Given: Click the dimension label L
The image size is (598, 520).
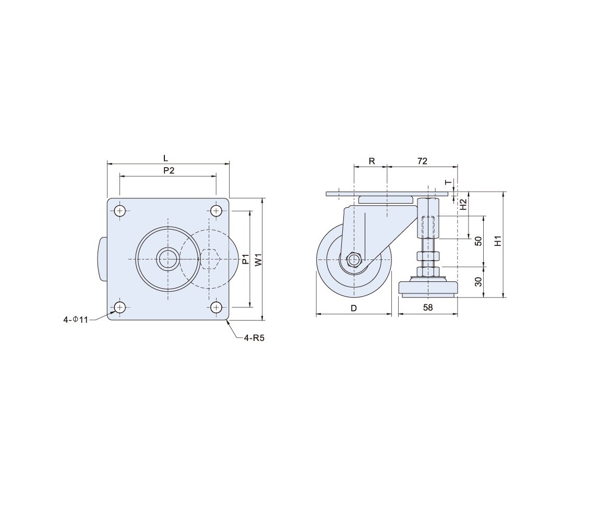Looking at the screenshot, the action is (165, 158).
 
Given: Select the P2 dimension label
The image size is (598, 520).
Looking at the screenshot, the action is (169, 171).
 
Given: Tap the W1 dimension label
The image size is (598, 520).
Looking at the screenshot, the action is (259, 259).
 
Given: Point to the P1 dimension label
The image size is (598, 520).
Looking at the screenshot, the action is (245, 259).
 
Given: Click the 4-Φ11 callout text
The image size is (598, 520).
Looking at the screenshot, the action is (76, 320).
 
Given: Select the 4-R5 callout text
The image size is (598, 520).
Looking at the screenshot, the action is (254, 338).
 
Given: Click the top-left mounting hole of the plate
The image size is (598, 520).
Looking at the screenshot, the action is (120, 210).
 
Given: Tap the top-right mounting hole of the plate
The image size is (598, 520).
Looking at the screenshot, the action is (216, 210).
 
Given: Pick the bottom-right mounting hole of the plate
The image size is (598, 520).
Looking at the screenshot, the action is (216, 307).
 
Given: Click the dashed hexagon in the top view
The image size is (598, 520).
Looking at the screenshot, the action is (209, 259).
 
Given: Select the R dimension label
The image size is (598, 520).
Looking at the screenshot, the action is (372, 161).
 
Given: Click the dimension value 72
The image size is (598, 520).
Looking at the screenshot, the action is (422, 161).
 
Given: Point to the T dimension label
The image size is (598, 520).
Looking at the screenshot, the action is (449, 182).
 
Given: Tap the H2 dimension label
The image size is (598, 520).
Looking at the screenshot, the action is (463, 205).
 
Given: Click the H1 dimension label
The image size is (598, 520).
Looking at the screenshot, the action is (498, 241).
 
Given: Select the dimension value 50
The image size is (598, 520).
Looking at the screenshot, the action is (479, 241).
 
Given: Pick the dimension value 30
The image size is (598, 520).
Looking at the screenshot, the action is (479, 281).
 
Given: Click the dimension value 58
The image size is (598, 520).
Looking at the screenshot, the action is (428, 307).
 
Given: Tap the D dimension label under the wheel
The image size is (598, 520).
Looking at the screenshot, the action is (354, 308).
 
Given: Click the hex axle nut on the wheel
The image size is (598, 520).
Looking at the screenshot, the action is (354, 259).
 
